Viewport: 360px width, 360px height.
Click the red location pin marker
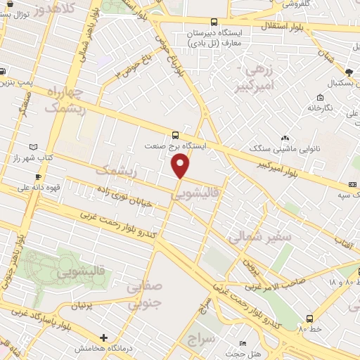[181, 166]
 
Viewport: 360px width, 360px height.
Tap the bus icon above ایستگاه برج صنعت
[176, 135]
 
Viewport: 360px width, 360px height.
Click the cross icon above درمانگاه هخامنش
[104, 338]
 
